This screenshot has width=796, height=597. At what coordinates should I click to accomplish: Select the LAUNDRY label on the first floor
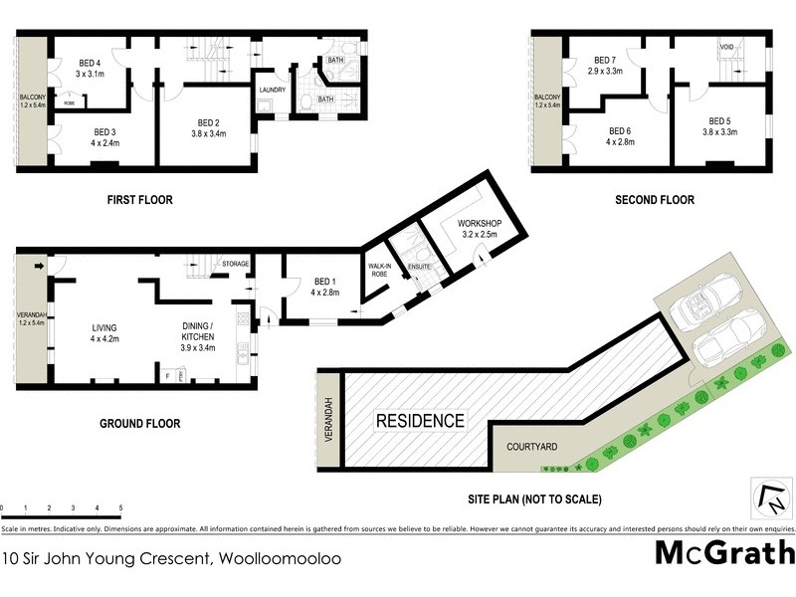[x=272, y=90]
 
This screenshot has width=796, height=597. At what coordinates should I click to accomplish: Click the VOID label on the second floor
[x=726, y=48]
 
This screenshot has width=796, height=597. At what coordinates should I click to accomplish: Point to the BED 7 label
[x=605, y=60]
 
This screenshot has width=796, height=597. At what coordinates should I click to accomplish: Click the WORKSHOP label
[x=477, y=222]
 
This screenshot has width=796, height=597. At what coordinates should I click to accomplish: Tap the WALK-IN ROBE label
[x=379, y=269]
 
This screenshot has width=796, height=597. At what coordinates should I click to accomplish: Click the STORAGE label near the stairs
[x=235, y=264]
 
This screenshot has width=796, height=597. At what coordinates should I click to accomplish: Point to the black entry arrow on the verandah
[x=39, y=266]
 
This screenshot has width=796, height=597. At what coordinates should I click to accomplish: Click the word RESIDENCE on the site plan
[x=419, y=421]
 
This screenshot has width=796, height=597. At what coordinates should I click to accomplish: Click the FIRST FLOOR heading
[x=139, y=200]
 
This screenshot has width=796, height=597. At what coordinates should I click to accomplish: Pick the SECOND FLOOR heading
[x=654, y=200]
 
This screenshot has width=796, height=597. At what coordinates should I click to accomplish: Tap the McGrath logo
[x=724, y=552]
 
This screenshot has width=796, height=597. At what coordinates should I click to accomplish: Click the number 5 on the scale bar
[x=120, y=508]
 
